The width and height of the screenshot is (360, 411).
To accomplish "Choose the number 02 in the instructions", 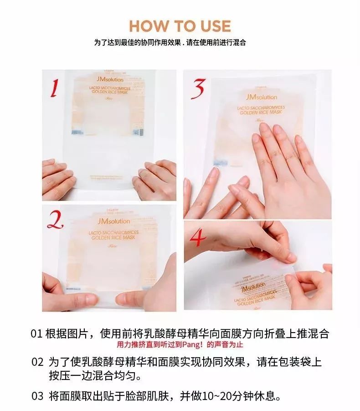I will [37, 363].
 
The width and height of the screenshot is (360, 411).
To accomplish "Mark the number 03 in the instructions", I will [37, 396].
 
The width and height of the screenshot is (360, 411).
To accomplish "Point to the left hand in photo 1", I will [58, 179].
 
